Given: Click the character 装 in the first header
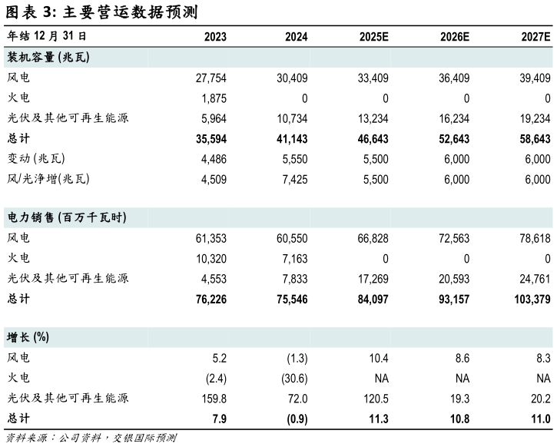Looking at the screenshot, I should tap(13, 58).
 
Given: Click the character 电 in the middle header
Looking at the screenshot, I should tap(13, 218).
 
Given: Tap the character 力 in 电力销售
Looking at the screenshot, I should tap(25, 218).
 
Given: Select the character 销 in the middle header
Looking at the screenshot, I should tap(37, 218).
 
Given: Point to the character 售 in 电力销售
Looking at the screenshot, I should tap(49, 218).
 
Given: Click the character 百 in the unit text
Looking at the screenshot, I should tap(68, 218).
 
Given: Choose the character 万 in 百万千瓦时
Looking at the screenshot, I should tap(80, 218).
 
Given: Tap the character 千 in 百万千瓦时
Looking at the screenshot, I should tap(92, 218).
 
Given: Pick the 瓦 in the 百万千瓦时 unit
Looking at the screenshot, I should tap(104, 218).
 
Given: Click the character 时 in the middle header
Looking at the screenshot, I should tap(117, 218).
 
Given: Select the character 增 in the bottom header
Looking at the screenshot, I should tap(13, 338).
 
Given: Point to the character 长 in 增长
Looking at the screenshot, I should tap(25, 338).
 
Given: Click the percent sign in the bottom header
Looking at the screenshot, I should tap(41, 338).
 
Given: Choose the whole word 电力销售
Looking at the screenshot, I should tap(31, 218).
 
